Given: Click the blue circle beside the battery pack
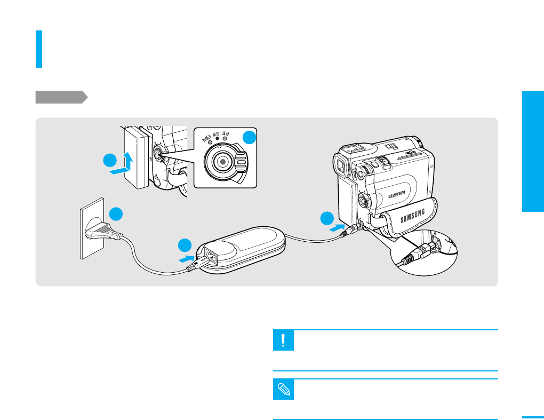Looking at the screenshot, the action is tap(109, 161).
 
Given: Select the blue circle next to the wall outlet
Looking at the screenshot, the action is tap(116, 213).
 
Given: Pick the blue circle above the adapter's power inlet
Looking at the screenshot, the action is tap(185, 245).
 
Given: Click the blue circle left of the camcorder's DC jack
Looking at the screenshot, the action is tap(327, 218).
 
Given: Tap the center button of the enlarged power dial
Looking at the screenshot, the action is tap(223, 160).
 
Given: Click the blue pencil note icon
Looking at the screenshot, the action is tap(283, 390).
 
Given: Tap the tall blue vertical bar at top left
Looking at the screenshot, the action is tap(39, 49).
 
